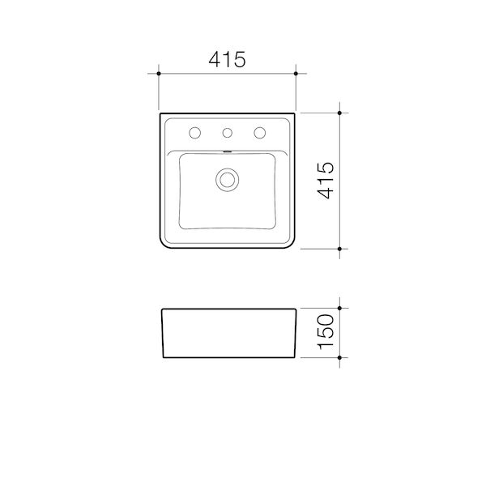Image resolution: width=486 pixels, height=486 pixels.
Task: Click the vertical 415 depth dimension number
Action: (x=325, y=180)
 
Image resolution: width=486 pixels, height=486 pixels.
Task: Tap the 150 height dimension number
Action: (x=325, y=332)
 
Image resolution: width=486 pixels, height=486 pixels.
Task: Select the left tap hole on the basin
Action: (x=194, y=133)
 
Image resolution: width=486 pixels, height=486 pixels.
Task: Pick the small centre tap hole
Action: (x=228, y=133)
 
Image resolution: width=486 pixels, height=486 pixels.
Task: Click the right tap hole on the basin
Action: (x=261, y=133)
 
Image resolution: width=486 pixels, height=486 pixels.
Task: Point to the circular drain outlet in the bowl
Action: (x=228, y=179)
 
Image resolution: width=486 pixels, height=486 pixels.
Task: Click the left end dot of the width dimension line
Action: (x=159, y=74)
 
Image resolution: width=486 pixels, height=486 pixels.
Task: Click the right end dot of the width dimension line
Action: (x=296, y=74)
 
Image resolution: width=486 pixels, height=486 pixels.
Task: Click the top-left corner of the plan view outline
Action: (x=160, y=113)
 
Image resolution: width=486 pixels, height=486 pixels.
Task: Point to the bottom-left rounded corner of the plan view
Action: (x=164, y=245)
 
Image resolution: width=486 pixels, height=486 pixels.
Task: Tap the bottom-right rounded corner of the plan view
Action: (x=292, y=245)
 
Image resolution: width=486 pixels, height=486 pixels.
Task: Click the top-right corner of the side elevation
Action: (x=296, y=309)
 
